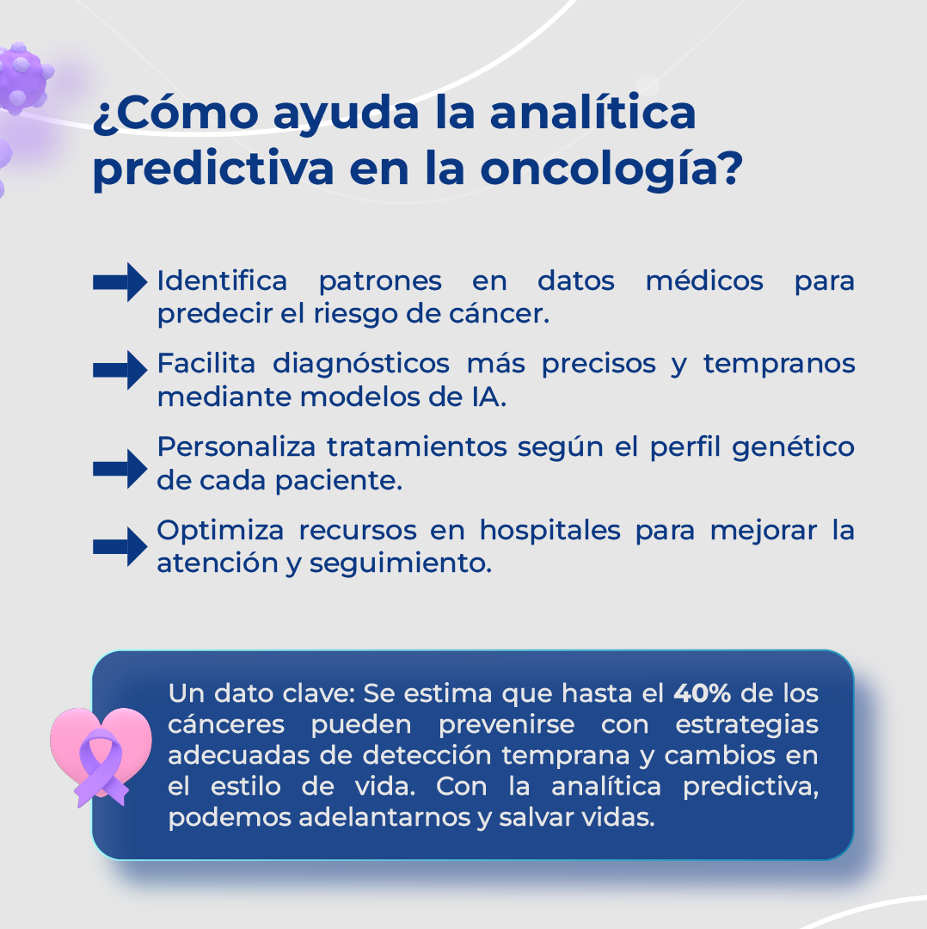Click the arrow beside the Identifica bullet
pyautogui.click(x=120, y=281)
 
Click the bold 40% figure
pyautogui.click(x=702, y=692)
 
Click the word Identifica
pyautogui.click(x=222, y=281)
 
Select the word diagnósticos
pyautogui.click(x=361, y=364)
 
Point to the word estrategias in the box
pyautogui.click(x=746, y=724)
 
